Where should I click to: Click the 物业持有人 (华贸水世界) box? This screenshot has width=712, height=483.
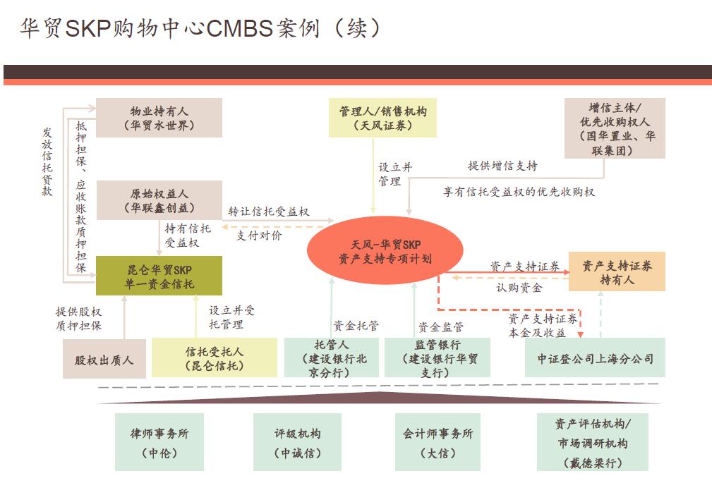[159, 118]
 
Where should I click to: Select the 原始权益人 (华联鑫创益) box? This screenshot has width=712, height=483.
[159, 200]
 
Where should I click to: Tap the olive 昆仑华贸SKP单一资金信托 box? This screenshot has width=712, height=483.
[159, 276]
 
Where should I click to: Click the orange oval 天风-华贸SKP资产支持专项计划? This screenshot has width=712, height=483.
[385, 251]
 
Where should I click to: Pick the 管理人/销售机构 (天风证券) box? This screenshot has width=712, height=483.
[382, 118]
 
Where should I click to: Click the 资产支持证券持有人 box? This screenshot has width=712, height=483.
[617, 271]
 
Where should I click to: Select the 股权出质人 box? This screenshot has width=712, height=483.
[104, 360]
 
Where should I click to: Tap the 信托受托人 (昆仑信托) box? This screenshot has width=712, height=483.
[215, 358]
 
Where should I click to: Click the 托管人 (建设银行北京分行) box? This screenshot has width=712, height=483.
[332, 358]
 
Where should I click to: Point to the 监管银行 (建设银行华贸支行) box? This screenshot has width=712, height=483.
[432, 358]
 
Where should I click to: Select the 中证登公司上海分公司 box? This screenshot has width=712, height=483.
[595, 358]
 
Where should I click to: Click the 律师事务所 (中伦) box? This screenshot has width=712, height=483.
[159, 442]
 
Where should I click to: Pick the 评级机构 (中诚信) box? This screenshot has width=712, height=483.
[297, 442]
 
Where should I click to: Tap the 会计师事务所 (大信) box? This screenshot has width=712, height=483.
[438, 442]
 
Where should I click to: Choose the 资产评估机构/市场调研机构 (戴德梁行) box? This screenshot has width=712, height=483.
[592, 442]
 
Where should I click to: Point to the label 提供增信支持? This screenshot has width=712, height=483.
[502, 166]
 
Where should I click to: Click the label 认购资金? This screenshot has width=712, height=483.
[519, 288]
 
